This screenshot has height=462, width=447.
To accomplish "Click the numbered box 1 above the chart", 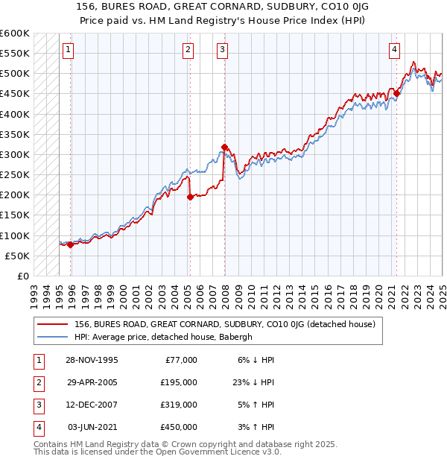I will pos(68,50).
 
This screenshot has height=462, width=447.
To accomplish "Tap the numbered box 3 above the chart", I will pos(223,50).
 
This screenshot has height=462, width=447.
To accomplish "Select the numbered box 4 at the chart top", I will pos(394,50).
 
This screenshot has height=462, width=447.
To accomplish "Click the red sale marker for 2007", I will pos(224,147).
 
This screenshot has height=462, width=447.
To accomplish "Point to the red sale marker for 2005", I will pos(190,197).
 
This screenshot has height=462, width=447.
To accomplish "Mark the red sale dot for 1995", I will pos(71,244).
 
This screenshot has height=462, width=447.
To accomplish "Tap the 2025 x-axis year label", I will pos(442,290).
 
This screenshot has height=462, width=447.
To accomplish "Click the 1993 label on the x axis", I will pos(34,290).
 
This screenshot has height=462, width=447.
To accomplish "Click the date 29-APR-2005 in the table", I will pos(92,382).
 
